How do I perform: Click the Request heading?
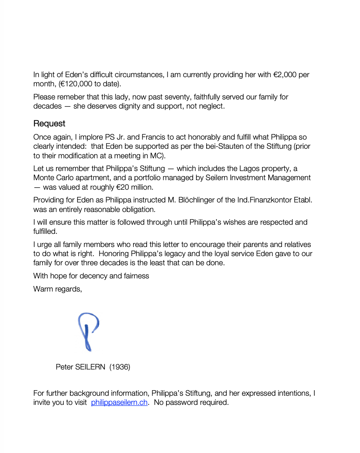[x=49, y=123]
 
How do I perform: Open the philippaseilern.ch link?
[x=119, y=402]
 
